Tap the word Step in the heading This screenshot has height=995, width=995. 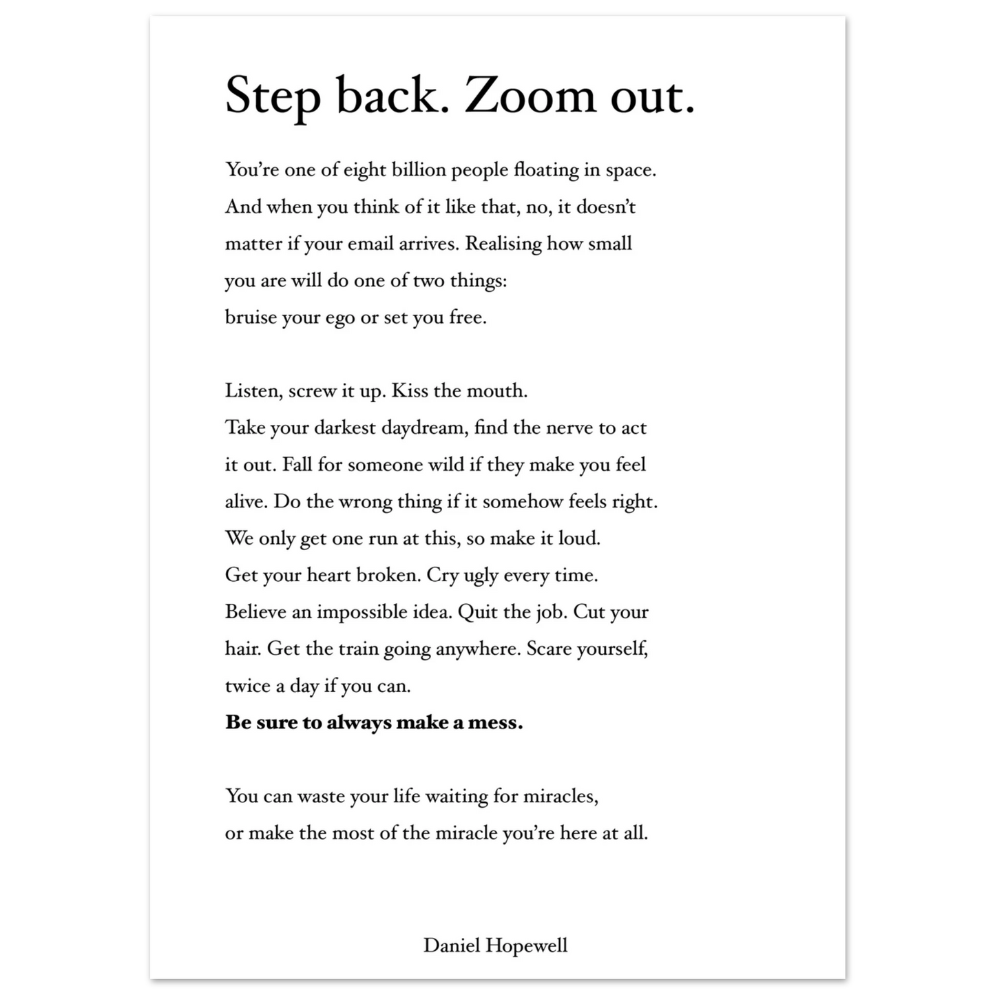click(x=273, y=97)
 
